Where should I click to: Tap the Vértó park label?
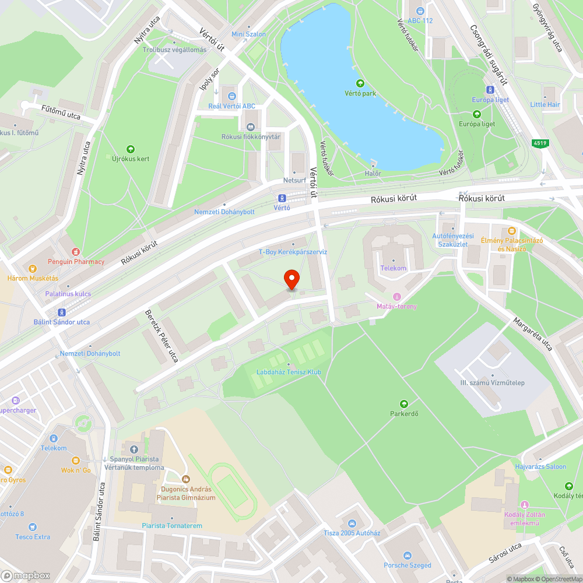click(x=360, y=93)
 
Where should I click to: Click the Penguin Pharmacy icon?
click(x=75, y=252)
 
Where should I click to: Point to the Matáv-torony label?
click(x=396, y=306)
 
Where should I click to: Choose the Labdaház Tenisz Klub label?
click(x=289, y=372)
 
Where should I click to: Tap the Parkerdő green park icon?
click(x=403, y=403)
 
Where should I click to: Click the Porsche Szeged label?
click(x=408, y=565)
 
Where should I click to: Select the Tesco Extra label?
click(x=33, y=537)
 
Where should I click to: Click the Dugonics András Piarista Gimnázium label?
click(x=186, y=493)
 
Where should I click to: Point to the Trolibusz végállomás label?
click(x=174, y=50)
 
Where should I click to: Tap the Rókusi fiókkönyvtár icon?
click(x=251, y=127)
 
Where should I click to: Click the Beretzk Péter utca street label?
click(x=161, y=336)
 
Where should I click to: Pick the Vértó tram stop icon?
click(x=282, y=198)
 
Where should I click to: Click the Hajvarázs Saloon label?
click(x=540, y=466)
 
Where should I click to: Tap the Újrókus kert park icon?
click(x=130, y=149)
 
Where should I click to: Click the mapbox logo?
click(x=26, y=575)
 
